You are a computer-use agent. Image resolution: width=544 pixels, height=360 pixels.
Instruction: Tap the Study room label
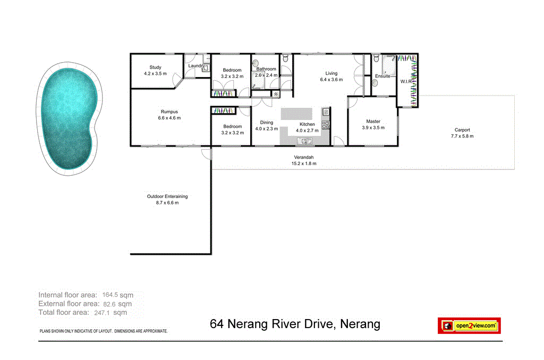click(155, 67)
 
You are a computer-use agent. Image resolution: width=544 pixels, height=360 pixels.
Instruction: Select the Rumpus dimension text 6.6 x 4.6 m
click(169, 118)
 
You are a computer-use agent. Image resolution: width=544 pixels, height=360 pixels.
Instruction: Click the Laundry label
click(196, 66)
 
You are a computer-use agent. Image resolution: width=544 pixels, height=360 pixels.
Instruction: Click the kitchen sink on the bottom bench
click(306, 141)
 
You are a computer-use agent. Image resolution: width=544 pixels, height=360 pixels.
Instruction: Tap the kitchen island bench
click(296, 115)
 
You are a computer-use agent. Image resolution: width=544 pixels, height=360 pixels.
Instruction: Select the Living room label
click(331, 73)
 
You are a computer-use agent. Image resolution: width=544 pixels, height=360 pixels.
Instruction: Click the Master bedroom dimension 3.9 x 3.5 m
click(372, 128)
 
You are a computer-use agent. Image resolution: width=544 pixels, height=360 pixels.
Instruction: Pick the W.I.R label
click(407, 82)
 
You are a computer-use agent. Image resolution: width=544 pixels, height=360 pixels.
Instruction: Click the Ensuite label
click(382, 76)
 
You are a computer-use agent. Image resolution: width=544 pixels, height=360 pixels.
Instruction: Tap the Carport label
click(462, 130)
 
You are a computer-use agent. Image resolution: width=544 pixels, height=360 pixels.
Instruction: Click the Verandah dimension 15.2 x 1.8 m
click(304, 164)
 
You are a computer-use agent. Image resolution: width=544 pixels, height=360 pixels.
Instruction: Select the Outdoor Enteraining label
click(167, 196)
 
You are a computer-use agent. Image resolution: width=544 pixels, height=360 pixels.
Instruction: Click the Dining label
click(266, 123)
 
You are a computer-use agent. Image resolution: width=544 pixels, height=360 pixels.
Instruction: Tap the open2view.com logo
click(469, 325)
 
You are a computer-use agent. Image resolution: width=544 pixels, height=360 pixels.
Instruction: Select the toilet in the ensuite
click(376, 60)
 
